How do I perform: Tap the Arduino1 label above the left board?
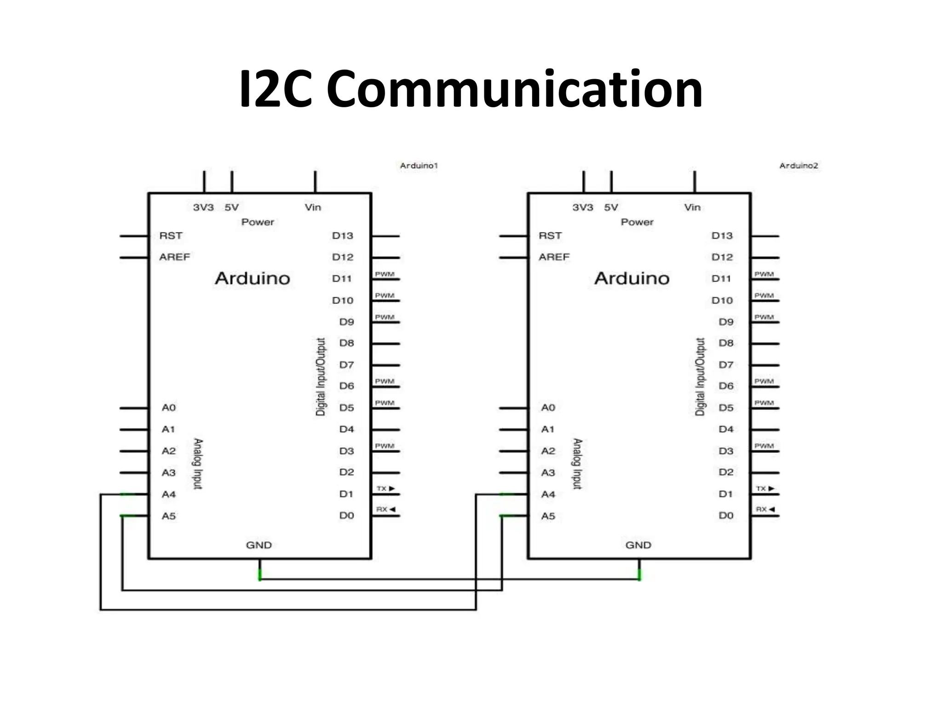tap(419, 166)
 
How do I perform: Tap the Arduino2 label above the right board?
tap(798, 166)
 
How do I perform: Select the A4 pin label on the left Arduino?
tap(169, 494)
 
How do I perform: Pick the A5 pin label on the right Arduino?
tap(548, 516)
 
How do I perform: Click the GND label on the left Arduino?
tap(259, 545)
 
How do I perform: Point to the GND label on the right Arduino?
tap(638, 545)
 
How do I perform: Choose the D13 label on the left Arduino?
tap(343, 236)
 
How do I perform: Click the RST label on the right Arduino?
tap(550, 236)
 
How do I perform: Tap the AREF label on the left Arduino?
tap(174, 257)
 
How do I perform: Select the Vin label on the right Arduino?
tap(692, 207)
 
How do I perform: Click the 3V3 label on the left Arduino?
tap(203, 207)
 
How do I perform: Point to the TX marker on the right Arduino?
tap(765, 488)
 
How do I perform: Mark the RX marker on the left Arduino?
tap(385, 510)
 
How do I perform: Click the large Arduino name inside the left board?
tap(253, 278)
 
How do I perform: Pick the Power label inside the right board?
tap(637, 222)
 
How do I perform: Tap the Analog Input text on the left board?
tap(198, 464)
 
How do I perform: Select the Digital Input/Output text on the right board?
tap(700, 377)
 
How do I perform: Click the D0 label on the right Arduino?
tap(726, 516)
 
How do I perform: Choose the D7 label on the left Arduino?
tap(346, 365)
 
